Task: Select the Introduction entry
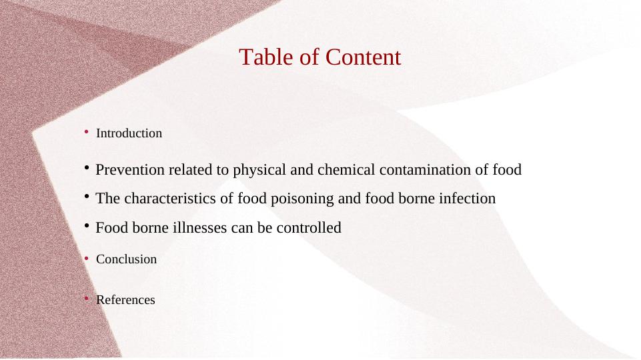tap(129, 133)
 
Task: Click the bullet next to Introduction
tap(86, 131)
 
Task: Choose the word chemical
tap(346, 169)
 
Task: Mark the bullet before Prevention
tap(87, 167)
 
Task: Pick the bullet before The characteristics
tap(87, 197)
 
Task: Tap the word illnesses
tap(200, 227)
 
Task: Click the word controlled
tap(309, 227)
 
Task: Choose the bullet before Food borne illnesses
tap(87, 225)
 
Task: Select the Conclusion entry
tap(126, 259)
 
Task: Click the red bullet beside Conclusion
tap(86, 258)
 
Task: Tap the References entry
tap(125, 300)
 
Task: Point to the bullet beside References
tap(86, 299)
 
